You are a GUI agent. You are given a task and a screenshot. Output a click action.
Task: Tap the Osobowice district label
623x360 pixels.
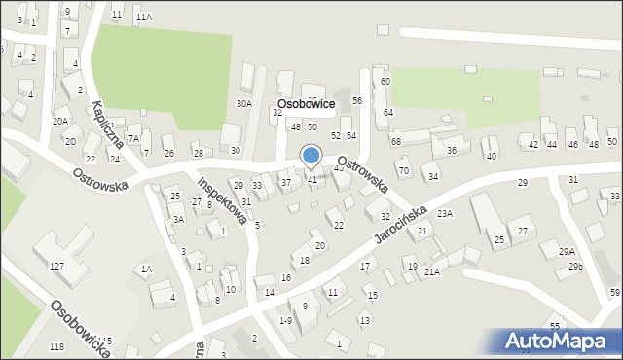307,103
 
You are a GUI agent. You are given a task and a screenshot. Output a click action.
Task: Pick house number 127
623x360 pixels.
57,266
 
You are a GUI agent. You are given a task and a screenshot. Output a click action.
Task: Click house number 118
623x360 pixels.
56,347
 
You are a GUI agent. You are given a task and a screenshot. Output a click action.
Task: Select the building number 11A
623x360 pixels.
144,17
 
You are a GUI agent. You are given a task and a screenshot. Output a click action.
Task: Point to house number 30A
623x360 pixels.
244,103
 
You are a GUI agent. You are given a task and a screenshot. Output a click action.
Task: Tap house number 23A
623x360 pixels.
445,213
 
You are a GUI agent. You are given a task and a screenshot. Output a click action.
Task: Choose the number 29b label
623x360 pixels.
575,266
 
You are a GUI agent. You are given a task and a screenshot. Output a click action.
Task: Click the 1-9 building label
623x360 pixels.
285,320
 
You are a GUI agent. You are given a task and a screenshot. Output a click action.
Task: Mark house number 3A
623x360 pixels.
178,220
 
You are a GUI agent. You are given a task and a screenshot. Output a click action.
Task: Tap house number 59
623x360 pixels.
615,293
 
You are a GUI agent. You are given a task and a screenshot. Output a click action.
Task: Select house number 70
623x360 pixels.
403,171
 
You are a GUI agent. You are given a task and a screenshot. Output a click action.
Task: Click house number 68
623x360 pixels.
396,142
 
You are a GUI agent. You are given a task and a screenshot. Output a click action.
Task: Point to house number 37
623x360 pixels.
286,182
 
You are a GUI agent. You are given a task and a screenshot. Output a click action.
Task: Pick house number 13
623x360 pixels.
364,320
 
